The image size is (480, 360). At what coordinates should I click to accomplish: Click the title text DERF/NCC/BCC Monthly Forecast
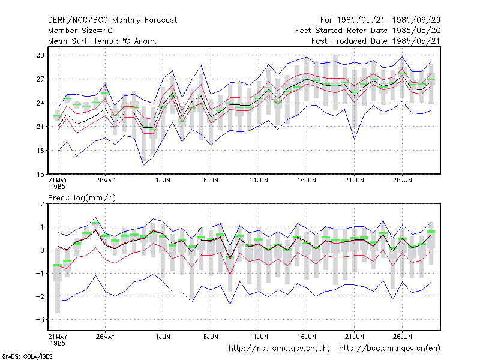click(x=112, y=20)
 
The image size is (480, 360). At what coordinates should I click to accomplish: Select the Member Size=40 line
click(x=80, y=31)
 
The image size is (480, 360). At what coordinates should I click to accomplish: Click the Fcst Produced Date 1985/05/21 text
click(x=376, y=41)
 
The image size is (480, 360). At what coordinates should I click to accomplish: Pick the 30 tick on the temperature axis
click(x=40, y=55)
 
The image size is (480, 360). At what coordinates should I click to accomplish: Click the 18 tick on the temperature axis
click(x=40, y=151)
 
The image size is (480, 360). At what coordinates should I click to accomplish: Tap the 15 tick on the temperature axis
click(x=40, y=175)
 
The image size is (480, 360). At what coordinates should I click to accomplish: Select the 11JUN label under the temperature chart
click(x=259, y=181)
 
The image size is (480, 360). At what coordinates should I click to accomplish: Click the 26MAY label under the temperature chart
click(x=106, y=181)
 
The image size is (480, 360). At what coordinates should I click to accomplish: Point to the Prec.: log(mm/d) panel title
click(x=82, y=198)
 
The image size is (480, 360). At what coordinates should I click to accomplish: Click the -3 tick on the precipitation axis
click(x=40, y=320)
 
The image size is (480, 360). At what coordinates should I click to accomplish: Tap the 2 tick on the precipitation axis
click(x=42, y=204)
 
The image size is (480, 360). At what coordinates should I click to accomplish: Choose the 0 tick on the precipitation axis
click(x=42, y=250)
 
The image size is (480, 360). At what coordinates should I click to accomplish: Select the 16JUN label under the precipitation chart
click(x=307, y=337)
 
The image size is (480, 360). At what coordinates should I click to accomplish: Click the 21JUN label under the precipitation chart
click(x=355, y=337)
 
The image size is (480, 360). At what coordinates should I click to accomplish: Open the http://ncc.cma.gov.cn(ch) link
click(x=279, y=349)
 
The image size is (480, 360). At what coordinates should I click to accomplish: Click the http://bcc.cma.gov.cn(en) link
click(x=389, y=349)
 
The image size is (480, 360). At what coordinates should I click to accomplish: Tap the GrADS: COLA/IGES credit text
click(x=27, y=356)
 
